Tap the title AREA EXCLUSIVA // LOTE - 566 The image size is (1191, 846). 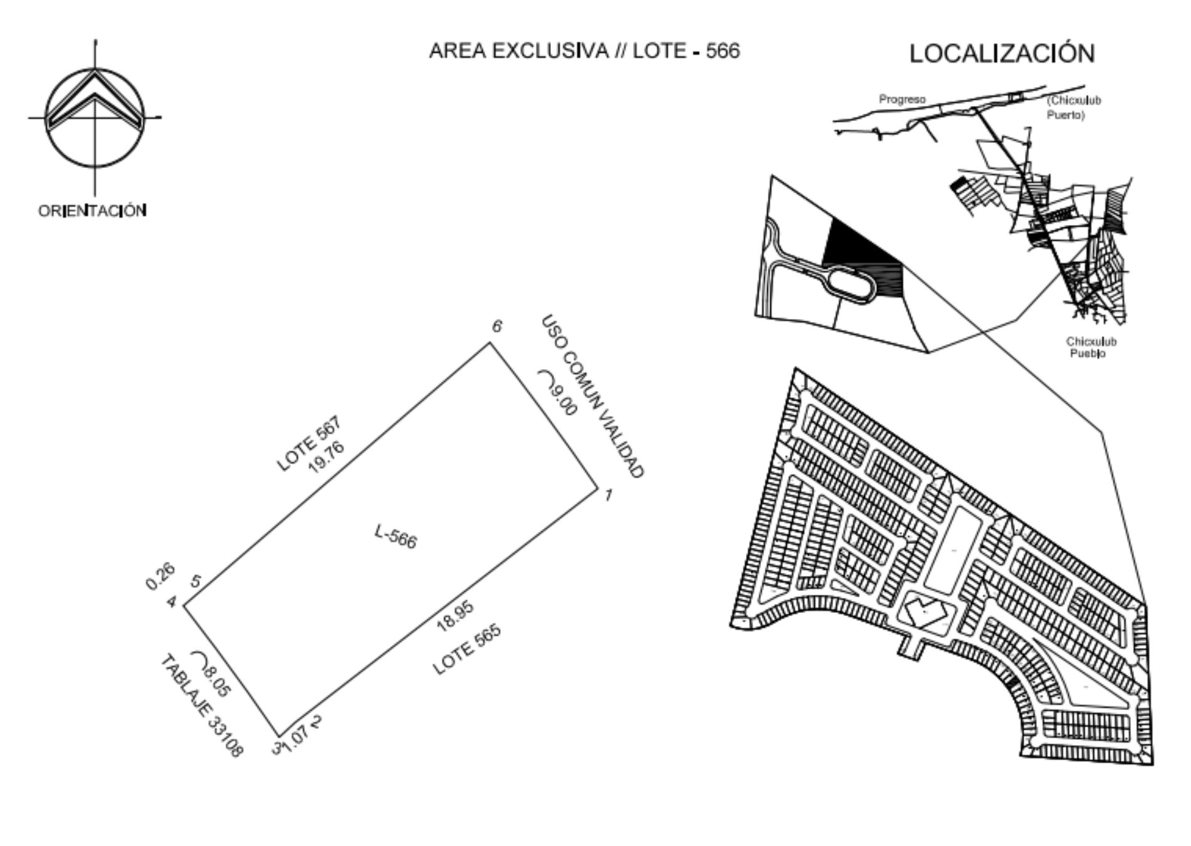point(584,51)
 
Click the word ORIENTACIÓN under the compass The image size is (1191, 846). point(93,210)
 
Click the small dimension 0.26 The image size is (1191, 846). point(160,577)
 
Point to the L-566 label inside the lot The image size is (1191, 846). point(396,537)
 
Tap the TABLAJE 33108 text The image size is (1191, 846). point(201,706)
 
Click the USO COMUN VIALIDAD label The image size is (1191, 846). point(592,397)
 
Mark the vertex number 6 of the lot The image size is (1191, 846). point(497,326)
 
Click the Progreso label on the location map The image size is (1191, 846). point(902,100)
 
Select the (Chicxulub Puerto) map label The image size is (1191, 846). point(1074,108)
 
